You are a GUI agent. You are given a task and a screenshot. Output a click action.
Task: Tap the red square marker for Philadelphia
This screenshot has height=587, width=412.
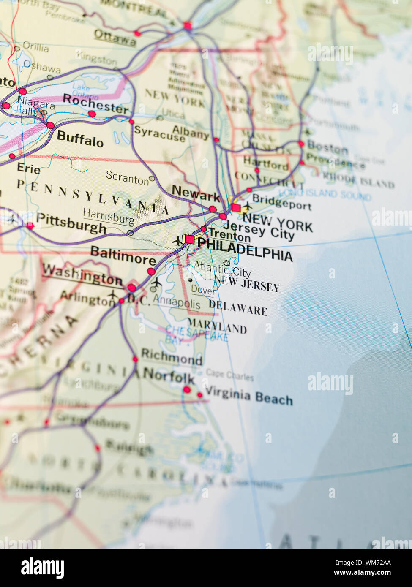coord(190,239)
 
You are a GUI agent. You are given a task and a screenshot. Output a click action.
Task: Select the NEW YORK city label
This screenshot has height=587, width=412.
coord(277,223)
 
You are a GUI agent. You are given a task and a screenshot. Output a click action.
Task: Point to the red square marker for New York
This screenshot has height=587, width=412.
coord(236,208)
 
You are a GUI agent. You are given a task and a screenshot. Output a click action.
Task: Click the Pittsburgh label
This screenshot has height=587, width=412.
coord(71,223)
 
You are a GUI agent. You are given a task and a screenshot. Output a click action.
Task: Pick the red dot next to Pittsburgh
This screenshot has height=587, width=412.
coord(30,226)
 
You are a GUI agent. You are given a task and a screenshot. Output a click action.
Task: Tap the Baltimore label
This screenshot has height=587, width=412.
coord(123,255)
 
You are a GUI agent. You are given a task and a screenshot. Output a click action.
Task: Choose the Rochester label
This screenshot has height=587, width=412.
coord(95,103)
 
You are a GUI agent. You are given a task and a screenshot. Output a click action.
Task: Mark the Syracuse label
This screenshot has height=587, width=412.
coord(159,133)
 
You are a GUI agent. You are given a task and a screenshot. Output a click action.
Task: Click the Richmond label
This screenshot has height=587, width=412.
coord(172,357)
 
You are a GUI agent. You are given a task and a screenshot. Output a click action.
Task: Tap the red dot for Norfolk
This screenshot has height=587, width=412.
coord(187,389)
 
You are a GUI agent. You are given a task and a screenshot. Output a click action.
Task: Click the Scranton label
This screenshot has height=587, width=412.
coord(127,177)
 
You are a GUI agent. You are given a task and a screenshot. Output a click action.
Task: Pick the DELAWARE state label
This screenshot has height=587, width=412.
coord(238,308)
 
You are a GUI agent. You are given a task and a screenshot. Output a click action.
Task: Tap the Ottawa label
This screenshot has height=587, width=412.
coord(115,38)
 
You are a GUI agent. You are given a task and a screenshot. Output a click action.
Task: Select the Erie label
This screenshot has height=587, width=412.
coord(29,168)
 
